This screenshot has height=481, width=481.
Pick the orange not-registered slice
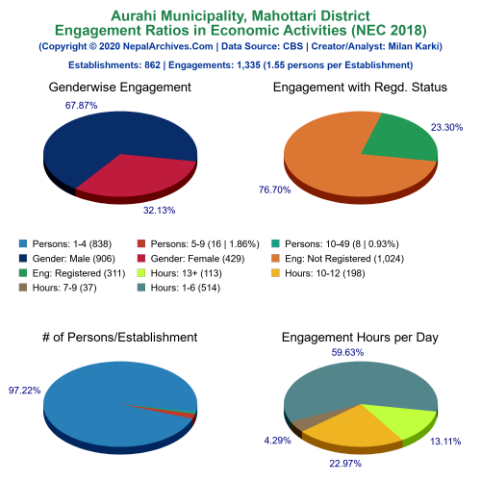337,164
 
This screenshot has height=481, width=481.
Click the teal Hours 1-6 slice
356,385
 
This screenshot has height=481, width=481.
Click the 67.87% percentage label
82,105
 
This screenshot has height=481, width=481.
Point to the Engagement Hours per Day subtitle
360,337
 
